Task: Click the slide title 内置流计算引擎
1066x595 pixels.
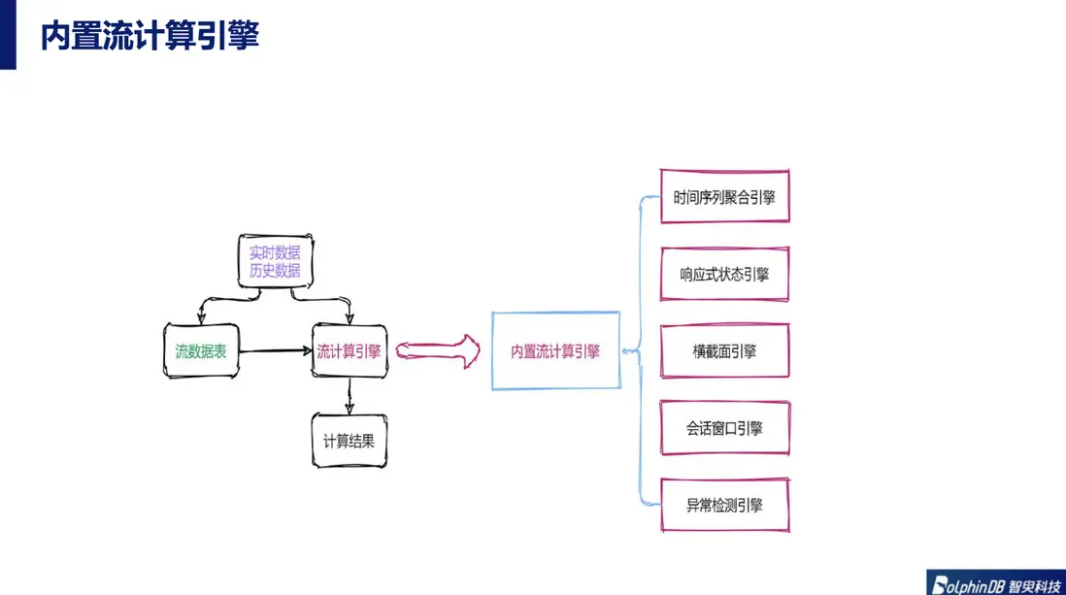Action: (x=150, y=35)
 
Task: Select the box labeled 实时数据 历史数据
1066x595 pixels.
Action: (x=276, y=261)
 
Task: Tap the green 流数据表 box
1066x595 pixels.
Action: (x=201, y=350)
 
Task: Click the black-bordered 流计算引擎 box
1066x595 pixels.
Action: (x=350, y=350)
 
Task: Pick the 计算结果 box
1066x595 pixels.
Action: (x=350, y=441)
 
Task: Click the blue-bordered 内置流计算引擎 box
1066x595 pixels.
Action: (x=556, y=350)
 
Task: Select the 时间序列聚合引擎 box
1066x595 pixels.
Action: (x=724, y=196)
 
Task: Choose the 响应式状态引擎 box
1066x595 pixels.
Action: (x=724, y=274)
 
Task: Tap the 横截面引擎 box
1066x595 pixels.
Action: (x=724, y=350)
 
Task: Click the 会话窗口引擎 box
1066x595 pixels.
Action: (x=724, y=428)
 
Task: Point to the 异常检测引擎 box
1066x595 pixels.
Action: (x=724, y=506)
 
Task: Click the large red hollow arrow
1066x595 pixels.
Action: (x=438, y=350)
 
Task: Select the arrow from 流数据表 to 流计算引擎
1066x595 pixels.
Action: (x=276, y=350)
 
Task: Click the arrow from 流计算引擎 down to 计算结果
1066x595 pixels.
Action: (x=350, y=396)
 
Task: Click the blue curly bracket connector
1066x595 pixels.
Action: (x=640, y=350)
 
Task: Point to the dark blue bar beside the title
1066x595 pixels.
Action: (x=8, y=35)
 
